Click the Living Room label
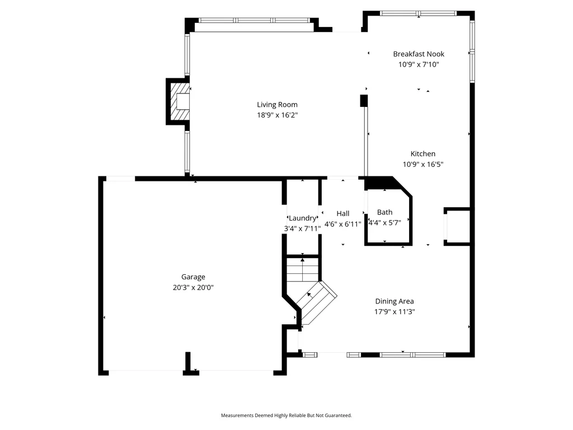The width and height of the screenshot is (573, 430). coord(277,105)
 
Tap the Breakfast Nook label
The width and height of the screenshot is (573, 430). coord(419,54)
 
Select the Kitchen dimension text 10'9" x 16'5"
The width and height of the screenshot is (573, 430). coord(423,165)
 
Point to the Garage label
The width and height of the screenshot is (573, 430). coord(193,277)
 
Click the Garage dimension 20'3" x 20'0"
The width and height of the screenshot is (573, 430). coord(193,288)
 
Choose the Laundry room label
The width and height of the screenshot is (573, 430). coord(302,218)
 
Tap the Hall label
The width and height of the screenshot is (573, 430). coord(343,213)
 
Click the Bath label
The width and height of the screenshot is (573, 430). coord(384,212)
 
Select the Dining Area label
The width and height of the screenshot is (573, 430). coord(394,301)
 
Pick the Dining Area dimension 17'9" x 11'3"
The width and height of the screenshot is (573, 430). coord(394,312)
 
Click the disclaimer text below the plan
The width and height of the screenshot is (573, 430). coord(286,415)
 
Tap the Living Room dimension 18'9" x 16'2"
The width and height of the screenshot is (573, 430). coord(277,115)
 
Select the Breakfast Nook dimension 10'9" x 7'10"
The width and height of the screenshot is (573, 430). coord(419,65)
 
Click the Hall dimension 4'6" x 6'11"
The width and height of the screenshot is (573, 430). coord(343,224)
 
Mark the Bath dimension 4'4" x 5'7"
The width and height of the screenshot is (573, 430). coord(384,223)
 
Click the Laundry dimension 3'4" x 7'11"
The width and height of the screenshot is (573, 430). coord(302,229)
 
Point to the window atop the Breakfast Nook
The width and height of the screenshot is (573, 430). coord(418,13)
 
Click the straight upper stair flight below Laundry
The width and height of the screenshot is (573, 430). coord(302,269)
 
